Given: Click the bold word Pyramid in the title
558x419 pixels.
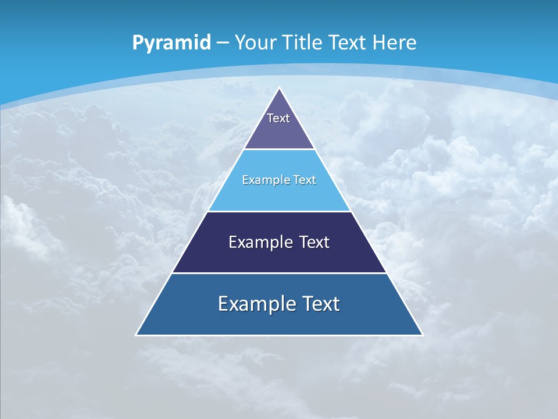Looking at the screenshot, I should click(171, 43).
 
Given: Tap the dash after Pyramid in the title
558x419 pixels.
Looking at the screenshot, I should click(223, 43).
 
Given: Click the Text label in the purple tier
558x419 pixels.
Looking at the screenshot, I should click(278, 118).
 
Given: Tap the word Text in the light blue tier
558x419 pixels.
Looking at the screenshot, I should click(305, 180).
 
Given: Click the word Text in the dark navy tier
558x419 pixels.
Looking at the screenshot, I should click(314, 242).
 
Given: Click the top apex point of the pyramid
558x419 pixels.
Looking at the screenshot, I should click(280, 88).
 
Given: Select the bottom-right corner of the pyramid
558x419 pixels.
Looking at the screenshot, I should click(422, 335).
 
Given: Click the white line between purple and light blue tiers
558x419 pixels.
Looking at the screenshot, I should click(280, 150).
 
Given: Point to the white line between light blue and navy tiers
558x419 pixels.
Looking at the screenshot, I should click(280, 212).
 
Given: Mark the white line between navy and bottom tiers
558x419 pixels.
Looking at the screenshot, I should click(280, 273).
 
